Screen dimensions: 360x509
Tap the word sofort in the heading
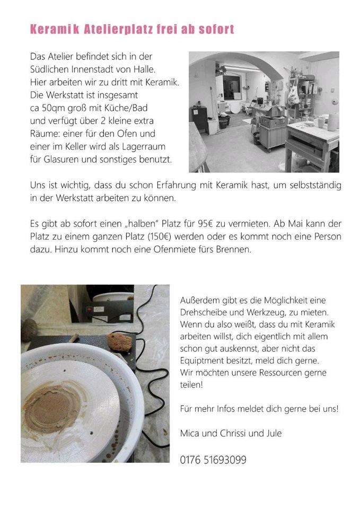click(216, 29)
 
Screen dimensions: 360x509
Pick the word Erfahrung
click(176, 186)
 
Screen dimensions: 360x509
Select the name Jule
click(273, 433)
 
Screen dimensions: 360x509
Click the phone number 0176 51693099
click(213, 460)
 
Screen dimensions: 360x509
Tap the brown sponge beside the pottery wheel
click(120, 342)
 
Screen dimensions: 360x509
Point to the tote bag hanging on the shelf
click(294, 92)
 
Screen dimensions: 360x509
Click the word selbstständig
click(315, 186)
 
